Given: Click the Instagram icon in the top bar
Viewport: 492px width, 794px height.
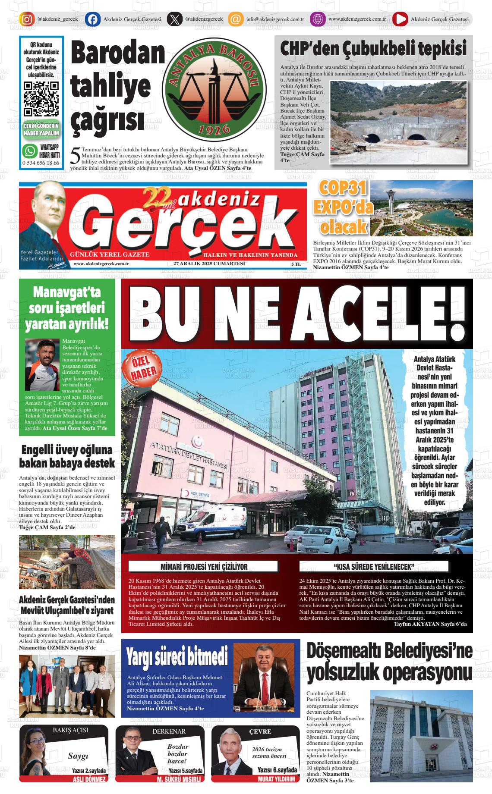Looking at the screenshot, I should click(x=27, y=19).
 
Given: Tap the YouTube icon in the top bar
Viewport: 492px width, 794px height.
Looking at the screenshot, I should click(x=400, y=19).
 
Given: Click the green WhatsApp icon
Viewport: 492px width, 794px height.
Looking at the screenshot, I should click(x=30, y=151).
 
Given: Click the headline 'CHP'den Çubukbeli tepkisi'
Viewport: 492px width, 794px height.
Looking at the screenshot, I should click(x=373, y=49).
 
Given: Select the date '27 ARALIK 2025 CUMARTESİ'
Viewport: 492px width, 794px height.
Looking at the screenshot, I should click(x=209, y=264).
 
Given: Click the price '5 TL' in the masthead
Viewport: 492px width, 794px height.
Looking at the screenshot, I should click(x=296, y=264).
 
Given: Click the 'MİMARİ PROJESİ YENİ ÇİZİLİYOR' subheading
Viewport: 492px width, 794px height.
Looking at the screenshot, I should click(x=204, y=566).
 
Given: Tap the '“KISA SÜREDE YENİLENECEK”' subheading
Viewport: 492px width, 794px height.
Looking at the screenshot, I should click(x=374, y=566).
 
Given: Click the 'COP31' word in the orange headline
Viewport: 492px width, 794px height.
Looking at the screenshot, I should click(x=343, y=188).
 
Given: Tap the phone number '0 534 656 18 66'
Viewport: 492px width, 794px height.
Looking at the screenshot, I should click(x=41, y=163).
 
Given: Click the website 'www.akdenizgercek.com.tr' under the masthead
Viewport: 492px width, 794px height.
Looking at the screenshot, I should click(x=101, y=264).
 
